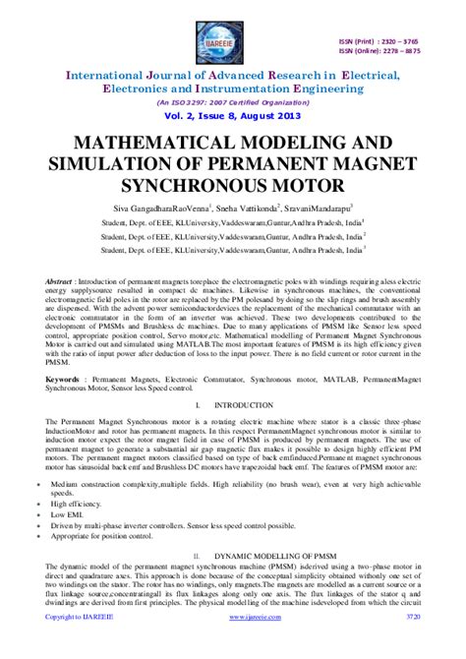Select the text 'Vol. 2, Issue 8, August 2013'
232,114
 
